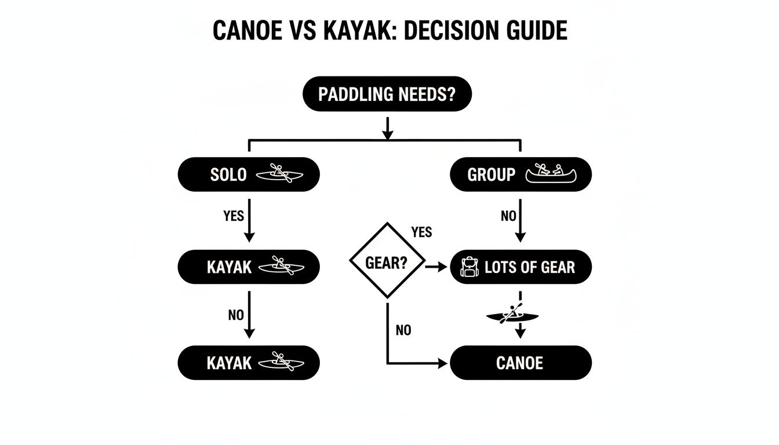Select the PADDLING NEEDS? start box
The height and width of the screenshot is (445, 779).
[387, 93]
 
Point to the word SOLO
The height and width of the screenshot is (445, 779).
[228, 174]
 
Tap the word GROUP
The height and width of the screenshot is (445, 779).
[491, 174]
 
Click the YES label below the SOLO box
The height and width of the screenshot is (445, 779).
[234, 216]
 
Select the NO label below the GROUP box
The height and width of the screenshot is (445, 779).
[508, 216]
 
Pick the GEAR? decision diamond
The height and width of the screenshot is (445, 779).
[387, 262]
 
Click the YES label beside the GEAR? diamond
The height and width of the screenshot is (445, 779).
[421, 232]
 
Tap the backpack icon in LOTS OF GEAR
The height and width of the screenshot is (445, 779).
[469, 267]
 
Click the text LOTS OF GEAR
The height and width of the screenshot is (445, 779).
[530, 267]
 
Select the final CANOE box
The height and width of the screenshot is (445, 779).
[520, 363]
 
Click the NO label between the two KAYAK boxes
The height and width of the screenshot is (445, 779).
[236, 315]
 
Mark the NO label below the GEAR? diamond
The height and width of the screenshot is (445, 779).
[403, 330]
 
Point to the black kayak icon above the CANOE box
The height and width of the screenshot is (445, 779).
[512, 314]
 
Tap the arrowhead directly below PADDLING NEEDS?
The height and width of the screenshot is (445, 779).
[388, 134]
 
